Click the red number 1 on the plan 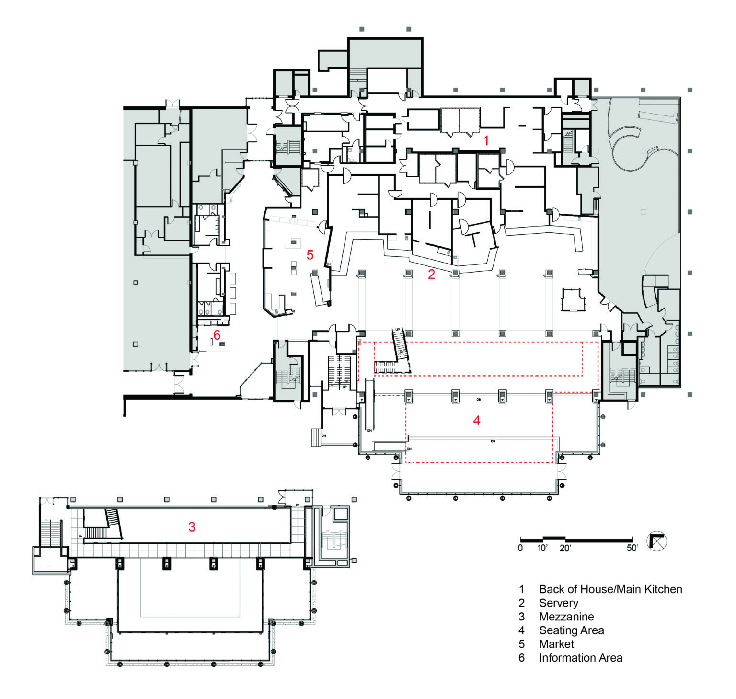tap(486, 140)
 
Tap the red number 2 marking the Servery tap(431, 274)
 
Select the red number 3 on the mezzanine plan tap(192, 527)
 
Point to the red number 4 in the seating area tap(476, 420)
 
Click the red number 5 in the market tap(310, 255)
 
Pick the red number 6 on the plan tap(217, 334)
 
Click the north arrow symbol tap(656, 541)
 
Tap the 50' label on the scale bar tap(632, 548)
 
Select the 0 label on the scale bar tap(520, 548)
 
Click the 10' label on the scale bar tap(542, 548)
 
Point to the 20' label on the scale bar tap(565, 548)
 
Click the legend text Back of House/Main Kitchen tap(610, 589)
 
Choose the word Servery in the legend tap(558, 603)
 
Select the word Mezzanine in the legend tap(566, 617)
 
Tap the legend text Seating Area tap(571, 630)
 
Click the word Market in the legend tap(556, 644)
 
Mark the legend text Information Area tap(580, 658)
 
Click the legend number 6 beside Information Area tap(522, 658)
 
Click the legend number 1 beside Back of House tap(522, 589)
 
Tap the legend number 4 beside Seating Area tap(522, 630)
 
